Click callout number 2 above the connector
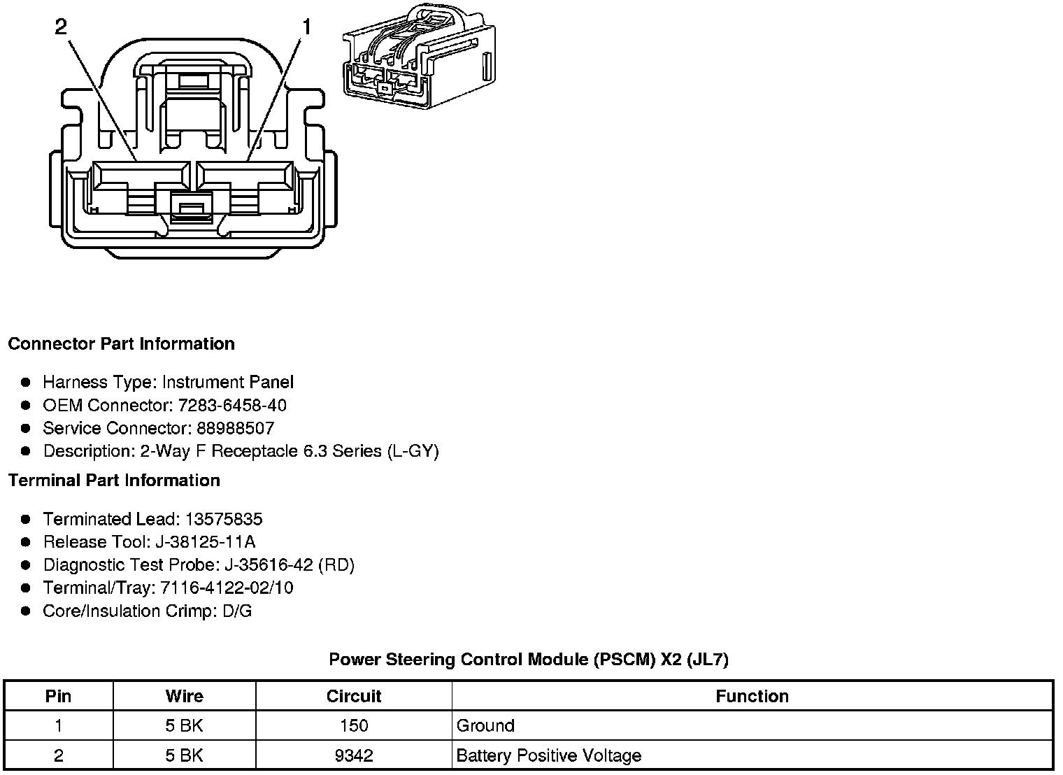62,27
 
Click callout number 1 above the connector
306,27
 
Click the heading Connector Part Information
121,344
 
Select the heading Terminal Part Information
114,481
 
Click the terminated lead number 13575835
224,519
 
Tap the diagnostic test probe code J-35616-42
268,565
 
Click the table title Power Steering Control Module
529,660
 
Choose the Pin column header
58,697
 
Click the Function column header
752,697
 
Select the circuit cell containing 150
354,726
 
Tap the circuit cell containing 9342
354,756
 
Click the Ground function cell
485,726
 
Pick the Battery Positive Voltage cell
548,756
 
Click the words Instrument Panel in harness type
228,383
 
